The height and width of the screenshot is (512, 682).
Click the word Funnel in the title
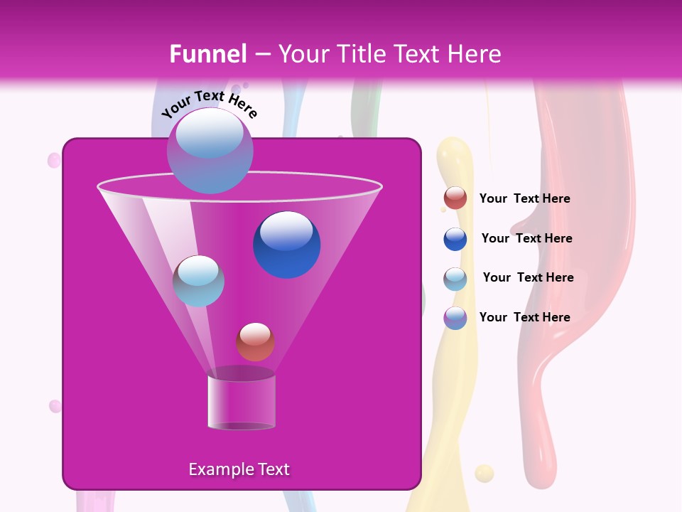click(207, 54)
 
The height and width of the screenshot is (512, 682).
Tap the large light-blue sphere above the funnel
click(210, 150)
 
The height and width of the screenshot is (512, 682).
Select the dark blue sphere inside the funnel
click(286, 245)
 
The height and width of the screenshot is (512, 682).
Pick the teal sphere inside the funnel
click(198, 281)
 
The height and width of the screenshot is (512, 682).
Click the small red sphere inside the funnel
click(255, 341)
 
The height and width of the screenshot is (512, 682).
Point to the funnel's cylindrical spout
click(242, 402)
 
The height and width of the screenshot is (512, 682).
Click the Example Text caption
click(239, 469)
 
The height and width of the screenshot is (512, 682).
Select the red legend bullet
click(455, 198)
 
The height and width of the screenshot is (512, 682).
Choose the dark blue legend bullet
click(455, 239)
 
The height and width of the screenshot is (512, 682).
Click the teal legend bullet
click(455, 279)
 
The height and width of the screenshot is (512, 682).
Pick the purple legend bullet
click(455, 318)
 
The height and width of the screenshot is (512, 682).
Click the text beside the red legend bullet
click(524, 199)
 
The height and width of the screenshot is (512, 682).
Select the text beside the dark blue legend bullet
click(526, 238)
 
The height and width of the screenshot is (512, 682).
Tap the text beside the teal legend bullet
click(528, 277)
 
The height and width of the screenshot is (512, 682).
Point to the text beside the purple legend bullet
click(524, 317)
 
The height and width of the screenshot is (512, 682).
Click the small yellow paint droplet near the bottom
click(484, 473)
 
